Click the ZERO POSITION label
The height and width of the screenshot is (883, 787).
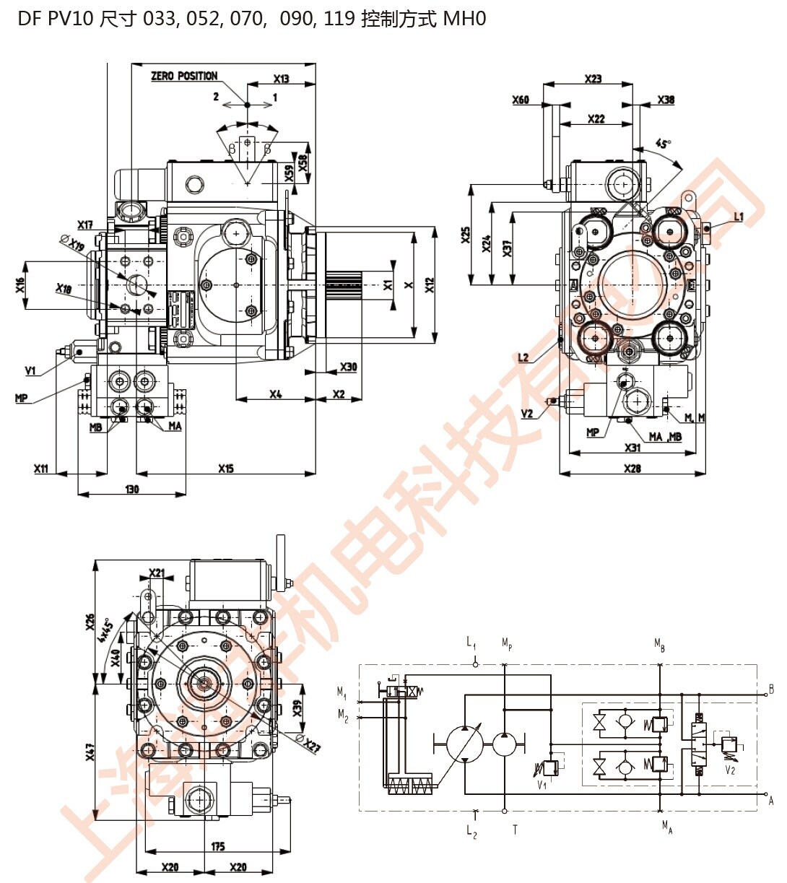(x=183, y=76)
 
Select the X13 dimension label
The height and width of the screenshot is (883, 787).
(x=281, y=79)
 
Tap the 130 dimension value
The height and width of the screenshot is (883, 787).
(x=131, y=489)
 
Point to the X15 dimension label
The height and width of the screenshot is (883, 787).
(x=226, y=469)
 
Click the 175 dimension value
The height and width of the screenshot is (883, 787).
(x=217, y=846)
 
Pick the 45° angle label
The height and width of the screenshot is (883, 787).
(x=663, y=143)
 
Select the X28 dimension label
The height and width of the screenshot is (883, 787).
(x=632, y=469)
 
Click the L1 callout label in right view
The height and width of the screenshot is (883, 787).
(x=738, y=217)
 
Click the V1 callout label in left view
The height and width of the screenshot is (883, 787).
(x=30, y=371)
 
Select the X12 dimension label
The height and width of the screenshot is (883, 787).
(x=430, y=285)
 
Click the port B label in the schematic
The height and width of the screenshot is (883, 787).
(x=771, y=689)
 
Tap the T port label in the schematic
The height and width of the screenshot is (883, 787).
(x=515, y=830)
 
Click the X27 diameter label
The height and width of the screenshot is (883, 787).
(x=311, y=746)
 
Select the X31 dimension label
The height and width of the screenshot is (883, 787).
(x=632, y=448)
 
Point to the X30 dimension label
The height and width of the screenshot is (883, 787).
(x=348, y=367)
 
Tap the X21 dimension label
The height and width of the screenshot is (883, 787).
(x=157, y=574)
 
